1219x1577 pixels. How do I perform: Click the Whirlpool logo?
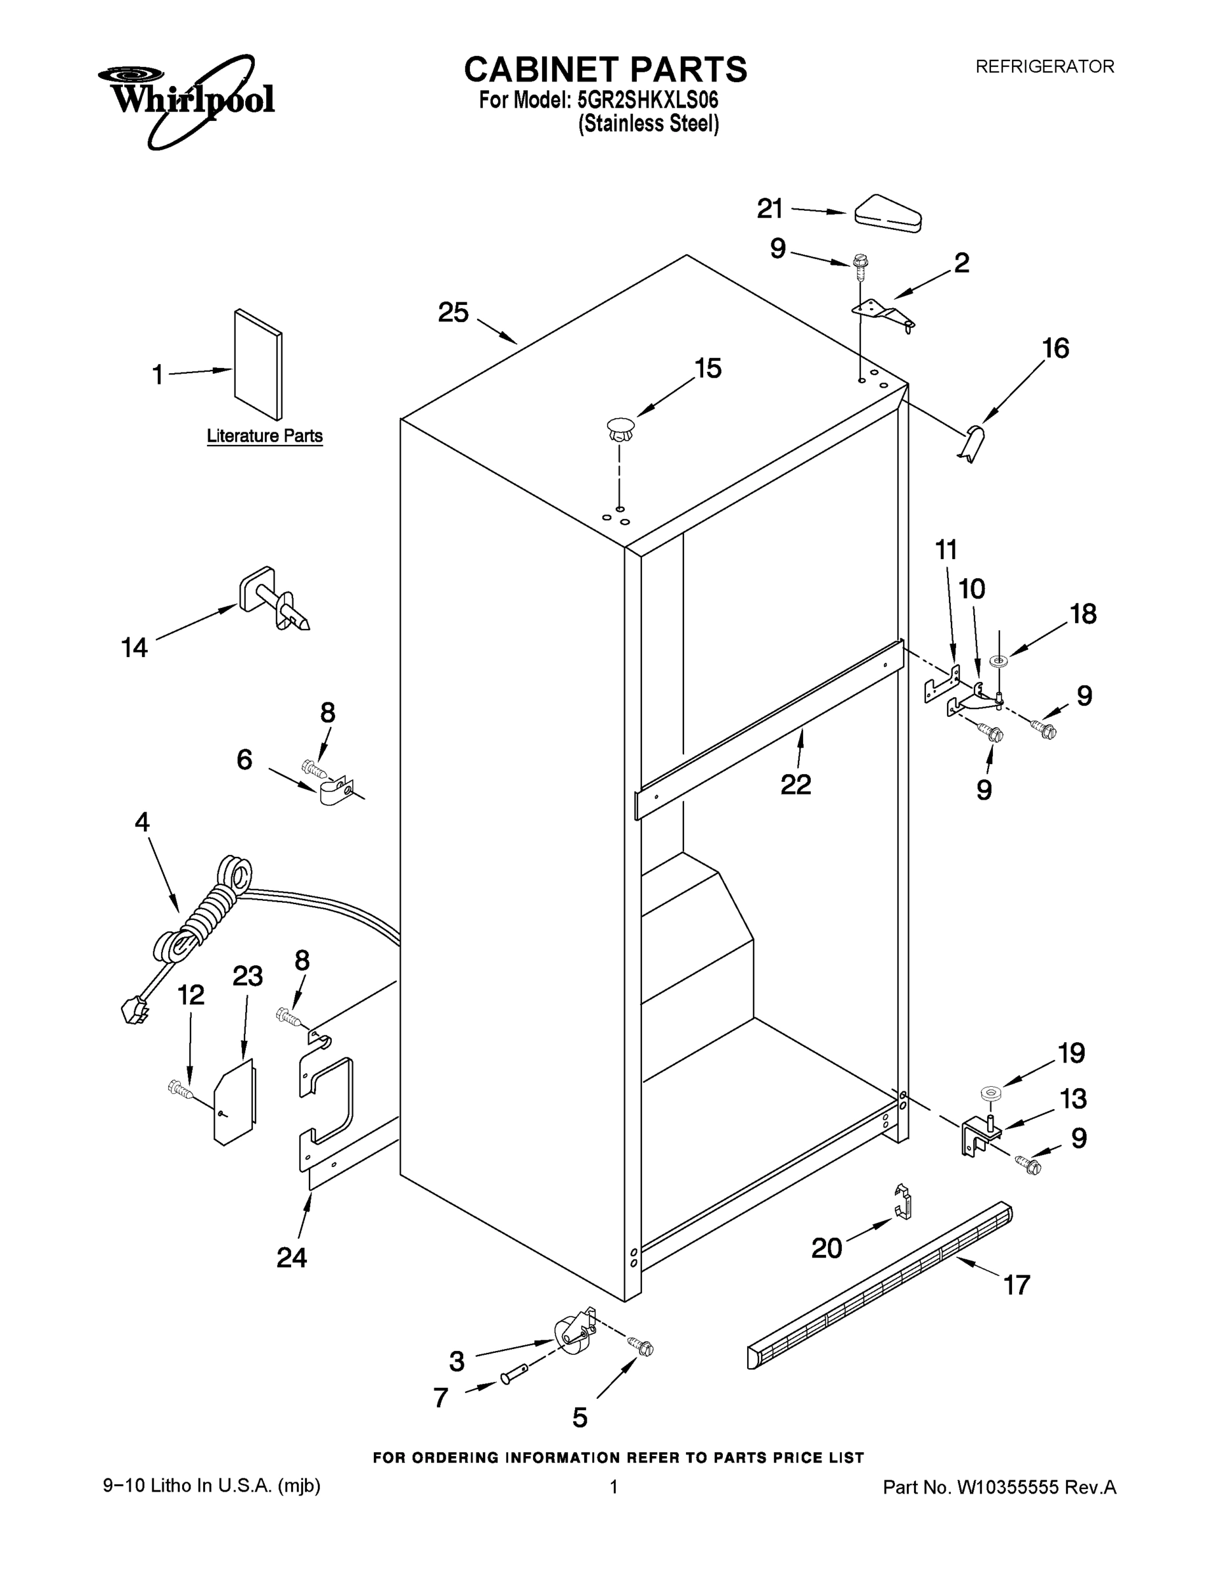tap(187, 97)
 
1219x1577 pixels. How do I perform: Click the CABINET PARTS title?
tap(605, 70)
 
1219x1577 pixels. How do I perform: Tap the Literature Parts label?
tap(264, 436)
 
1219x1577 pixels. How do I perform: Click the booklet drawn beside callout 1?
tap(258, 365)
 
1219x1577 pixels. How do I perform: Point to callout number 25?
tap(453, 313)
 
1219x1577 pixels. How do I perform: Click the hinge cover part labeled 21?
tap(888, 214)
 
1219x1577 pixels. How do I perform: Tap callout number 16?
tap(1055, 349)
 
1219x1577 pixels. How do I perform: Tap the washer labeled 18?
tap(1001, 660)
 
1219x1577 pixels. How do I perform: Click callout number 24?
tap(292, 1258)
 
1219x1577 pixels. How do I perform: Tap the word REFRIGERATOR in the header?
tap(1044, 66)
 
